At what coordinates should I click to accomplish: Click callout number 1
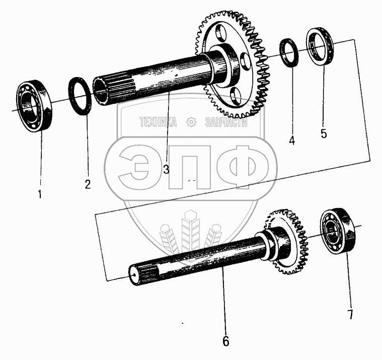(x=40, y=194)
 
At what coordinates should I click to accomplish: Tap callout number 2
(x=88, y=184)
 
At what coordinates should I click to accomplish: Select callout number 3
(x=166, y=169)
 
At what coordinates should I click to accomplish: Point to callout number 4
(x=292, y=140)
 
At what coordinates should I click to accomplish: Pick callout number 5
(x=324, y=133)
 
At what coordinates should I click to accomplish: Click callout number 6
(x=226, y=341)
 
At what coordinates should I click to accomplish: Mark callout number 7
(x=350, y=314)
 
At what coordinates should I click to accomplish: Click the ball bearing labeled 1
(x=34, y=106)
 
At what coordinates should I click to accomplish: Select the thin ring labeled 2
(x=80, y=96)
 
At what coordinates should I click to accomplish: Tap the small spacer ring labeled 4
(x=289, y=52)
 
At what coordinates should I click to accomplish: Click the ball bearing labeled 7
(x=339, y=231)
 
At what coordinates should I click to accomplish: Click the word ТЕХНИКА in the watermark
(x=158, y=122)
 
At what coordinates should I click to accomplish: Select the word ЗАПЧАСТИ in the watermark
(x=226, y=122)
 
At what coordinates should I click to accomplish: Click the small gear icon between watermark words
(x=191, y=122)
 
